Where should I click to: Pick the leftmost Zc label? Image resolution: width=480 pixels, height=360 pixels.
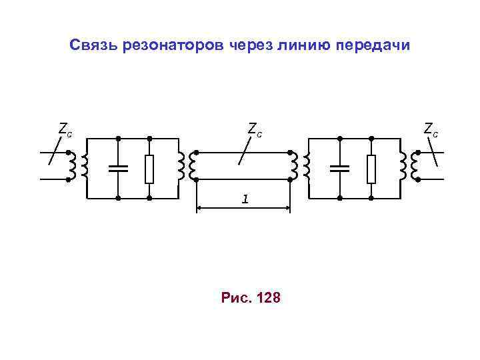point(65,129)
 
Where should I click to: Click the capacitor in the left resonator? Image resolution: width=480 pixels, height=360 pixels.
point(118,168)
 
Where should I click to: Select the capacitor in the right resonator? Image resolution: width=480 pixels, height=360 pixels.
point(340,168)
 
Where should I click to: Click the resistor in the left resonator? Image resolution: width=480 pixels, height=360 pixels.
point(150,168)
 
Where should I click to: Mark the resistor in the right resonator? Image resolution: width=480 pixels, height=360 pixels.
point(371,168)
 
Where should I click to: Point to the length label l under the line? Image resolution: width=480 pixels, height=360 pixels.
point(245,199)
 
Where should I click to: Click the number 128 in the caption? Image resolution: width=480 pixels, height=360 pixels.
point(269,297)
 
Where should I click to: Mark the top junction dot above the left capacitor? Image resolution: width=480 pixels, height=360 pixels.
point(118,138)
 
